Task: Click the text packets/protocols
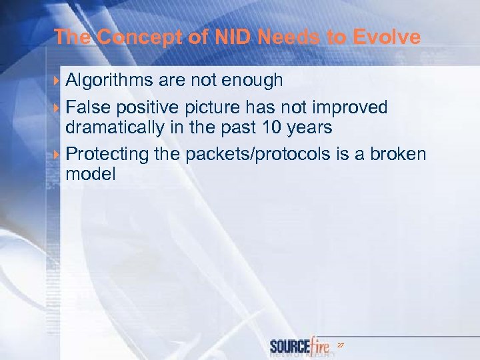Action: (256, 154)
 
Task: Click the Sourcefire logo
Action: (300, 347)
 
